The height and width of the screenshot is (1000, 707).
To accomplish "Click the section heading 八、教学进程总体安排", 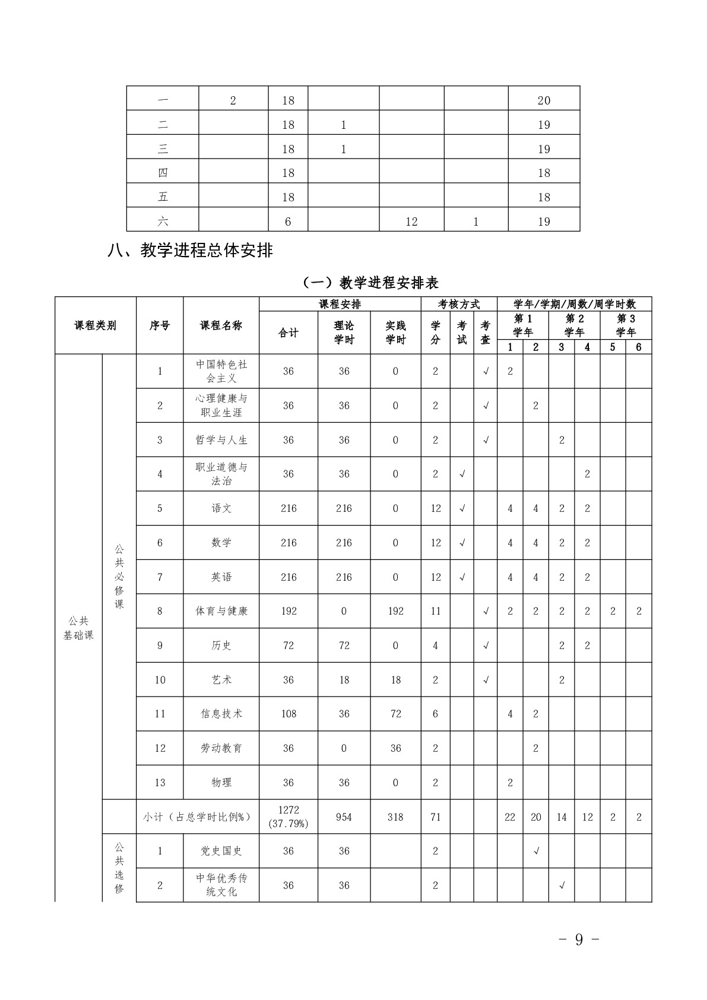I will pos(190,251).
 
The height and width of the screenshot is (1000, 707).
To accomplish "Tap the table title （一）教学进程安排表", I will pos(370,283).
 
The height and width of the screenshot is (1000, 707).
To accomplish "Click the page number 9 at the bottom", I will pos(579,939).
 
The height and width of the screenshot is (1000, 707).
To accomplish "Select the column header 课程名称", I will pos(221,325).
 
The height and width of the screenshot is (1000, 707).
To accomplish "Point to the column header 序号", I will pos(160,325).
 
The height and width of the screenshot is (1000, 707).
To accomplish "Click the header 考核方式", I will pos(459,304).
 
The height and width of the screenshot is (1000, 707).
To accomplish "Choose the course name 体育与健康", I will pos(221,611).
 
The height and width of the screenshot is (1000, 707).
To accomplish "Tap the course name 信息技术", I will pos(221,714).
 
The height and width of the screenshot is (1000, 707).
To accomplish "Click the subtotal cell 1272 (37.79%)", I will pos(288,817).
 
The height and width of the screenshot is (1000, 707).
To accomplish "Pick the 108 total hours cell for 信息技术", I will pos(288,714).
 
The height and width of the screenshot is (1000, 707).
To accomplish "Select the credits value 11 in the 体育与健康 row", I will pos(436,611).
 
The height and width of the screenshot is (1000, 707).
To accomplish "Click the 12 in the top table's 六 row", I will pos(411,221).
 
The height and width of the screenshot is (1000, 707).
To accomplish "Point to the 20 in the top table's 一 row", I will pos(544,100).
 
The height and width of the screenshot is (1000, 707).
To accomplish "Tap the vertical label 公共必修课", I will pos(119,576).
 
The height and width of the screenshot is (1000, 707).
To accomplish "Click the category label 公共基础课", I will pos(78,628).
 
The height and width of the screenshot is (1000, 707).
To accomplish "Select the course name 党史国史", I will pos(221,851).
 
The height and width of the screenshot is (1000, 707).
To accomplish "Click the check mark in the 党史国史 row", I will pos(535,851).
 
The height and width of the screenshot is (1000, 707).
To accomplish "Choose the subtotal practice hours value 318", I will pos(395,817).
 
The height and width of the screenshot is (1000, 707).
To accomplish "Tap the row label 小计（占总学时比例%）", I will pos(198,817).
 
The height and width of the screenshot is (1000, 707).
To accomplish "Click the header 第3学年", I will pos(626,325).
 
